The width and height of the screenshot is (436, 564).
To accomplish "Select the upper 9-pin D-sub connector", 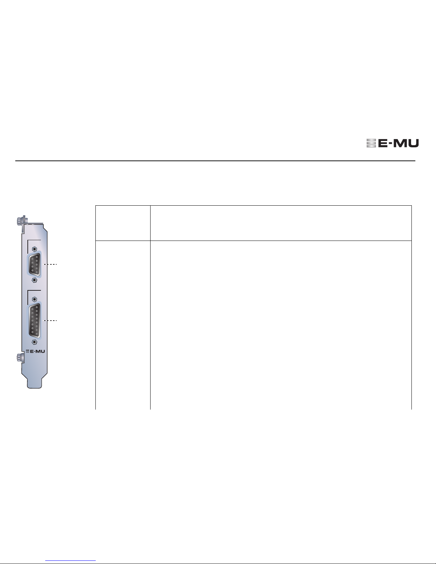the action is (x=34, y=264).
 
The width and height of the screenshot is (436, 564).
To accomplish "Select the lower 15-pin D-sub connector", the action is (x=34, y=321).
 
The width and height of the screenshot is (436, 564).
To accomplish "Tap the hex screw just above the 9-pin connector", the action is (x=34, y=249).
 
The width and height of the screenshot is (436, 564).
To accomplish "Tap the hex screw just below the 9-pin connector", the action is (x=34, y=280).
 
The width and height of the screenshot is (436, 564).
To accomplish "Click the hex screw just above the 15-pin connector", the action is (x=34, y=299).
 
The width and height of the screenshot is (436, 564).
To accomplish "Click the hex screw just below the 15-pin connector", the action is (x=34, y=342).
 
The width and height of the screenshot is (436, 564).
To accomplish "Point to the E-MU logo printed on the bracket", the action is (x=35, y=352).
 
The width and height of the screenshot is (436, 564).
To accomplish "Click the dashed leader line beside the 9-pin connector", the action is (x=50, y=264).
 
